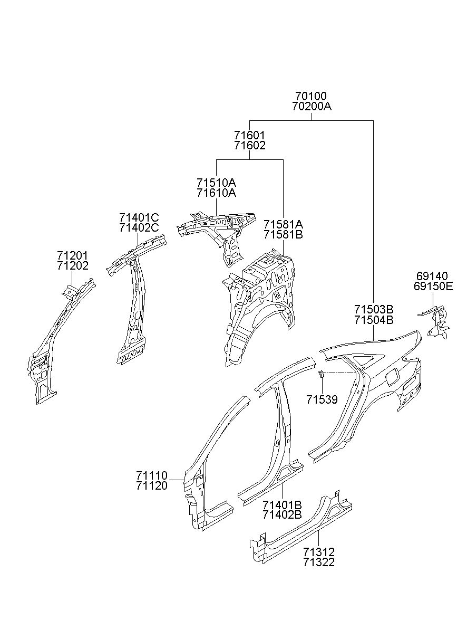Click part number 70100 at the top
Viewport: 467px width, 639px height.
coord(310,96)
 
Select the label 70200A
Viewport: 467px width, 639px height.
coord(312,107)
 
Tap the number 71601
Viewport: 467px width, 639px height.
coord(250,135)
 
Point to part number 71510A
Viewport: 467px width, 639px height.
coord(216,183)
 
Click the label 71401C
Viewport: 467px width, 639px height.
coord(139,217)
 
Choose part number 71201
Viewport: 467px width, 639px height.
coord(73,255)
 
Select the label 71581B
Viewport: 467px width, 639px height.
coord(283,235)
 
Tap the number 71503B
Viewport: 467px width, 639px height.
coord(374,309)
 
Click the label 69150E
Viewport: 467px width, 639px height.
coord(433,287)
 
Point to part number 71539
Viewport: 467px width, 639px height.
coord(322,399)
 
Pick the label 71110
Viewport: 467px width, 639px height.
coord(152,475)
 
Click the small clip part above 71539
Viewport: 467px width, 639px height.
coord(321,374)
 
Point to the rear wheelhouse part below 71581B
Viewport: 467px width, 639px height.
coord(259,307)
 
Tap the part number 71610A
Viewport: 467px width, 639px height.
coord(216,193)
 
